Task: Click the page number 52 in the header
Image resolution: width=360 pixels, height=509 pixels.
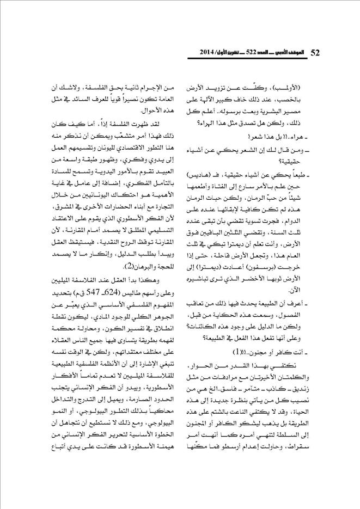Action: (314, 53)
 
